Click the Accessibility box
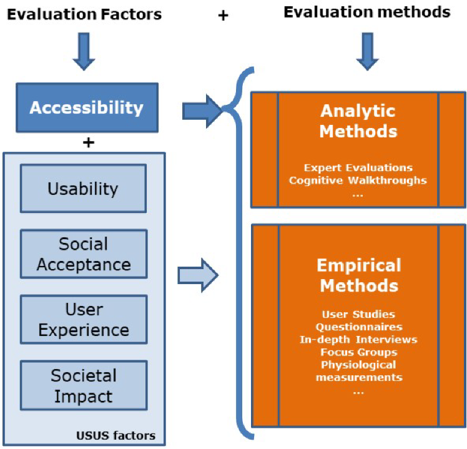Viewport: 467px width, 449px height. (x=87, y=107)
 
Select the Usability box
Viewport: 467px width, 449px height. (x=84, y=189)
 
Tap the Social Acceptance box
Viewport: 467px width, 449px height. (x=84, y=254)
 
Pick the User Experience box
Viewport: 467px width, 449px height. (x=84, y=319)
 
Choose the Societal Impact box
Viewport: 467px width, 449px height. (x=84, y=385)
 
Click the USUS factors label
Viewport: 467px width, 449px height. (x=116, y=436)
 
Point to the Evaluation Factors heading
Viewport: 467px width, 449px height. (x=84, y=14)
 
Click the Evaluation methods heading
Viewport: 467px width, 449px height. (x=367, y=12)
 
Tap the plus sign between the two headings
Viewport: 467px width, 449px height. (x=223, y=16)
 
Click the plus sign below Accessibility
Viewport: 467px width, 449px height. (x=89, y=143)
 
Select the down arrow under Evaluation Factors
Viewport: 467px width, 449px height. (x=84, y=51)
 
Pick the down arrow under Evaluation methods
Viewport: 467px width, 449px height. (x=368, y=51)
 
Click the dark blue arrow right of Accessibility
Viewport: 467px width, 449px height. (x=202, y=111)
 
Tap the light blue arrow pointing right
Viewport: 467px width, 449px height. (x=198, y=275)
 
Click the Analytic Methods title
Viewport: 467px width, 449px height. (x=358, y=121)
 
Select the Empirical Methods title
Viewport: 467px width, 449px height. (x=359, y=275)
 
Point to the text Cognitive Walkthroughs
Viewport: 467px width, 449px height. (x=358, y=180)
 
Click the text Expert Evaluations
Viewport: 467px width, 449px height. (x=358, y=167)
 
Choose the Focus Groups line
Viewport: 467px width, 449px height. (x=359, y=352)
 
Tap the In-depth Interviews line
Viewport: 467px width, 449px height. (x=358, y=339)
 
